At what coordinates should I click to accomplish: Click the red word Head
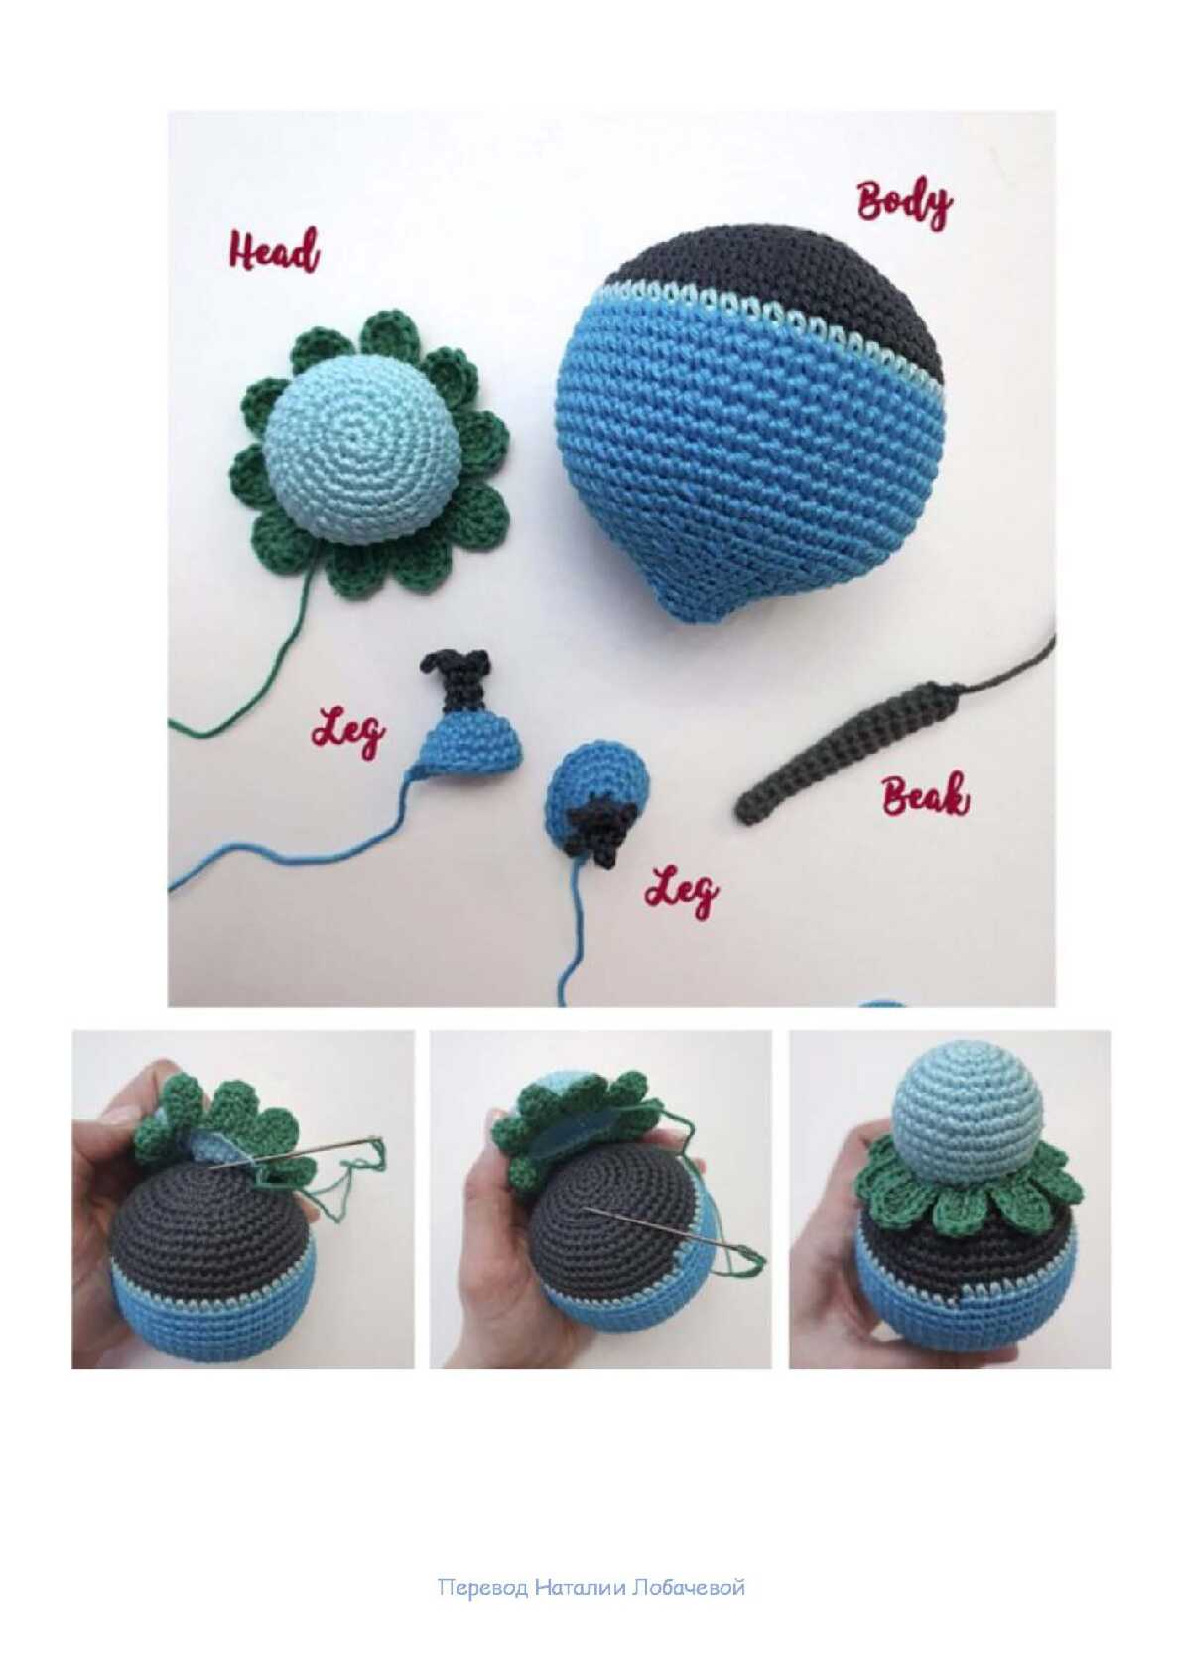[x=274, y=251]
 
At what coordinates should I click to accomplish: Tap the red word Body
[x=904, y=202]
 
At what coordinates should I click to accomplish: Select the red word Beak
[x=925, y=795]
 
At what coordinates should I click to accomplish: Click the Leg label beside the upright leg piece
[x=348, y=734]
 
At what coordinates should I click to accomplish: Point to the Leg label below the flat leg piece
[x=682, y=891]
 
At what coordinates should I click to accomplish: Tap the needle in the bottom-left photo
[x=299, y=1154]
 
